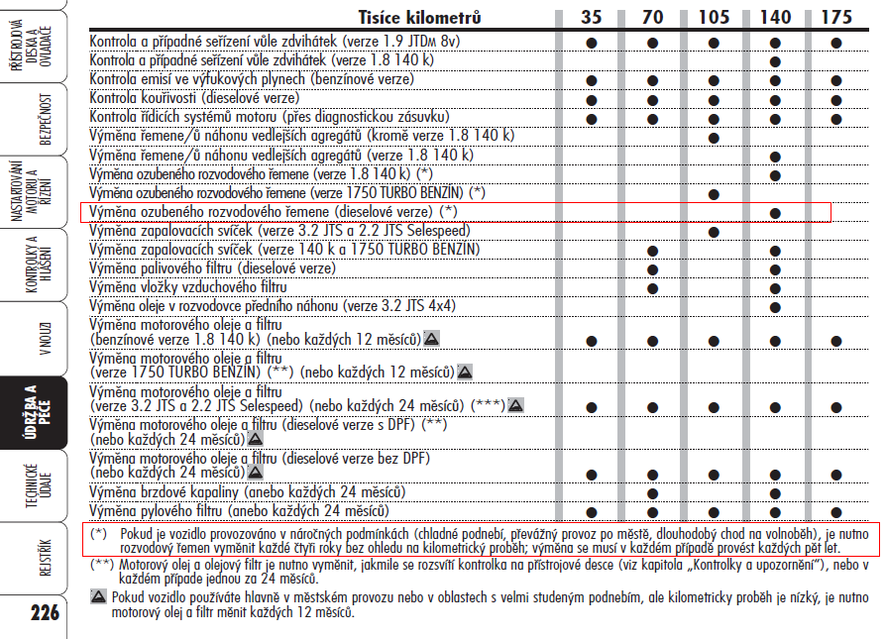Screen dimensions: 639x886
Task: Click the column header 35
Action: pyautogui.click(x=591, y=17)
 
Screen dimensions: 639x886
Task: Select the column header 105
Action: pyautogui.click(x=714, y=17)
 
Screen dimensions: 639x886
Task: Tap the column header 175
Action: pyautogui.click(x=836, y=17)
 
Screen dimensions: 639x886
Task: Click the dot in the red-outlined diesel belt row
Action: pyautogui.click(x=775, y=213)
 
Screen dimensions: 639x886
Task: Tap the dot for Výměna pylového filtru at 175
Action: pyautogui.click(x=836, y=511)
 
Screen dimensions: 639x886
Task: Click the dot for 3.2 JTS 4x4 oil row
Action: pyautogui.click(x=775, y=306)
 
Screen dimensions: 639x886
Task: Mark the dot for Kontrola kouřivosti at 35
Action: pyautogui.click(x=591, y=97)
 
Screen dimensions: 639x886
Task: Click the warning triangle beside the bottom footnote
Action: pyautogui.click(x=98, y=597)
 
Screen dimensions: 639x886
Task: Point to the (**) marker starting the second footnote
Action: pyautogui.click(x=101, y=565)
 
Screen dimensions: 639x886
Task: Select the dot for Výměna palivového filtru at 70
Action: pyautogui.click(x=652, y=268)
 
